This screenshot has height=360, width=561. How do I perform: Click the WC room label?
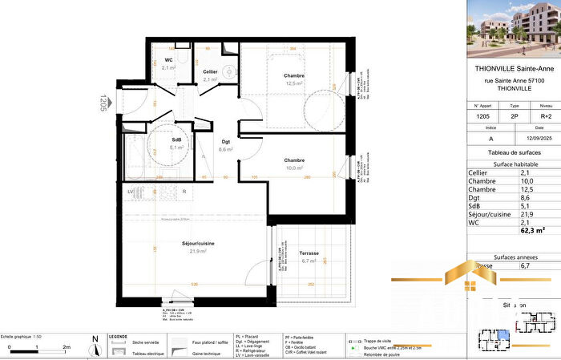pos(169,60)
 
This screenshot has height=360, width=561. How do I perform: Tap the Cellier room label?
pos(210,72)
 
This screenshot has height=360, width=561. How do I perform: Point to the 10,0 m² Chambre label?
pos(294,160)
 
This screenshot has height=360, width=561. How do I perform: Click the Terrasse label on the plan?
pos(309,253)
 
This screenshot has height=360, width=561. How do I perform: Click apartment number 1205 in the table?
pos(483,116)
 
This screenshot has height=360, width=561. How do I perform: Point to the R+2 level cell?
pos(545,116)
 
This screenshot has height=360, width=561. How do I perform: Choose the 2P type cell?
pos(515,116)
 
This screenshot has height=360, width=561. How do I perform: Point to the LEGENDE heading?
pos(118,337)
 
